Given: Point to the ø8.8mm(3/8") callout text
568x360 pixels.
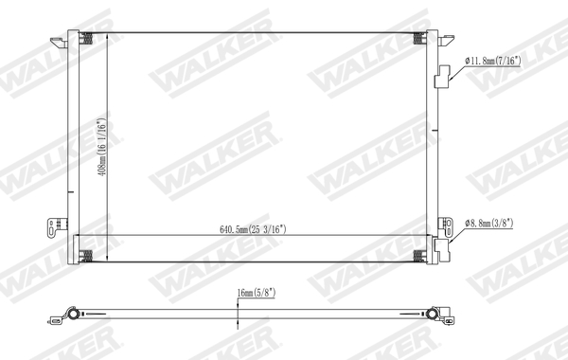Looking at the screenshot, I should [495, 223].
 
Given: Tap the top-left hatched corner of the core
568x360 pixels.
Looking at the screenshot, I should [86, 39].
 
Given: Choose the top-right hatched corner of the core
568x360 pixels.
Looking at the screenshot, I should [420, 39].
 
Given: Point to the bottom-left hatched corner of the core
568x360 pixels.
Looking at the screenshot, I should [86, 255].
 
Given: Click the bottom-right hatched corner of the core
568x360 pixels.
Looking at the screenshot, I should [420, 255].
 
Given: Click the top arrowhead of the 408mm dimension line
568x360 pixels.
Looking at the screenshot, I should [106, 35].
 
